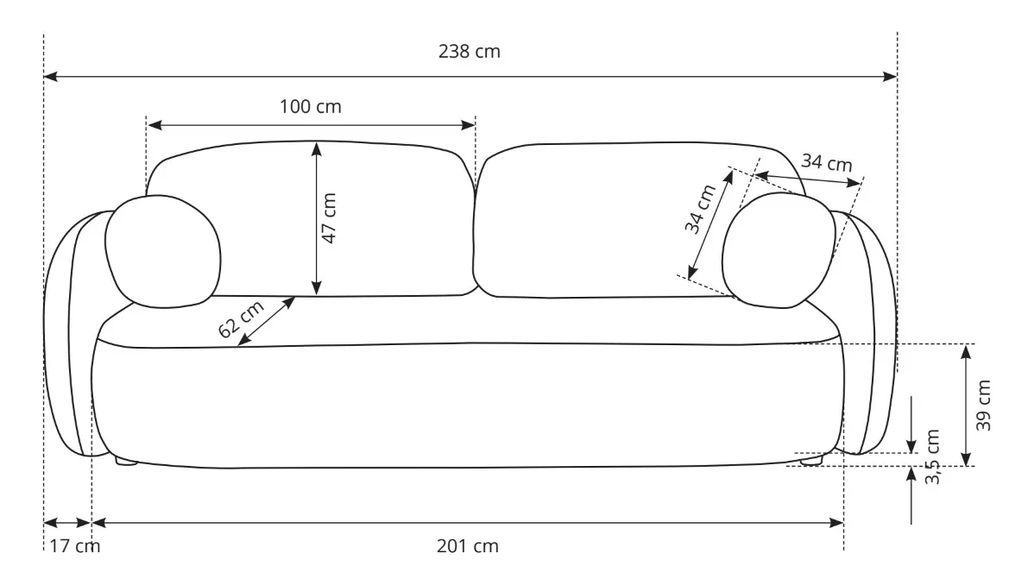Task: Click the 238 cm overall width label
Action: (470, 52)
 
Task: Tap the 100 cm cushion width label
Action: (311, 107)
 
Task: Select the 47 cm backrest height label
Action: (330, 218)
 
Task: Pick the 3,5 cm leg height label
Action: (933, 457)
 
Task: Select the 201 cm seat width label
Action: (468, 546)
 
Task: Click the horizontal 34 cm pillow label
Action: (826, 162)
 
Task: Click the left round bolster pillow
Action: (161, 251)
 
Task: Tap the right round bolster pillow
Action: (778, 250)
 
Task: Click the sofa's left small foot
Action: (127, 462)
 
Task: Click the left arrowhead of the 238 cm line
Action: (49, 77)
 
